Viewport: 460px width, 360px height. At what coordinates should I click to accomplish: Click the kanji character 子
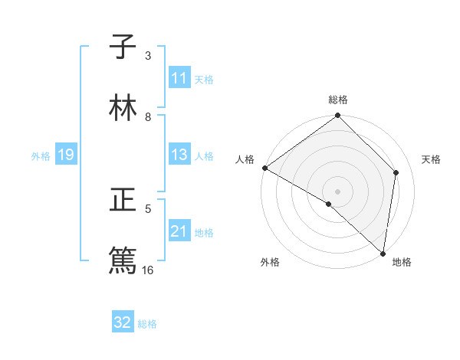pos(123,47)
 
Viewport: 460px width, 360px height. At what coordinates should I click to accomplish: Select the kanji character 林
pos(123,108)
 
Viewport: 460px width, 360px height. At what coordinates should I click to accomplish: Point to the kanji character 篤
pos(123,260)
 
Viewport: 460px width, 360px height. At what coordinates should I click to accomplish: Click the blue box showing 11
pos(179,78)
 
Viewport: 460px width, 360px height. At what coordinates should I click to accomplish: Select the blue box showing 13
pos(179,155)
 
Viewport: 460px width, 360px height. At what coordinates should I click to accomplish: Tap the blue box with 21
pos(179,231)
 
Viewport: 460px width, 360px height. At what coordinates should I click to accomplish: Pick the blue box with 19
pos(65,155)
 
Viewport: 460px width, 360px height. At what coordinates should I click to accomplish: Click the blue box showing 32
pos(123,322)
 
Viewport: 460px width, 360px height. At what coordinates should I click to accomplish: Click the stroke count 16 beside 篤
pos(149,270)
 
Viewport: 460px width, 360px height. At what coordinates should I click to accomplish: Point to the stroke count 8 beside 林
pos(149,116)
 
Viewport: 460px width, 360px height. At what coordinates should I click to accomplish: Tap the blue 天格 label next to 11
pos(204,79)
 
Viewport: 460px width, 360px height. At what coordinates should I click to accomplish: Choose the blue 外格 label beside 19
pos(41,155)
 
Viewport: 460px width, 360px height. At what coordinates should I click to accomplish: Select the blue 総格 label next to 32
pos(147,323)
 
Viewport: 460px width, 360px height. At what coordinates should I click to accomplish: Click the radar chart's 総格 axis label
pos(338,100)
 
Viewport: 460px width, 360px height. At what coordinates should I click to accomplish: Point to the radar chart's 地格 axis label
pos(402,262)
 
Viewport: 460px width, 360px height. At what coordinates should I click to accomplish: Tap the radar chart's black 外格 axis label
pos(270,262)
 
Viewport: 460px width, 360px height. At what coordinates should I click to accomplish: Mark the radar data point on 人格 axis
pos(264,168)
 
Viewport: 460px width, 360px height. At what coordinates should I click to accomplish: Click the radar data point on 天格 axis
pos(396,172)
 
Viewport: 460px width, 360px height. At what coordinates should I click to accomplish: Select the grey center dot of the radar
pos(338,191)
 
